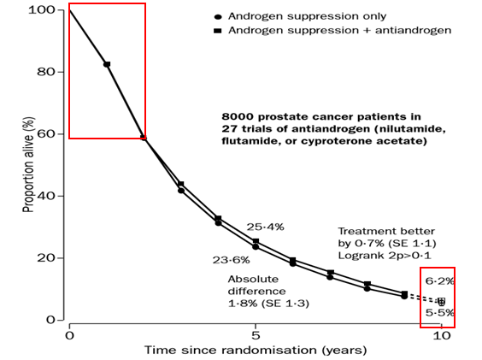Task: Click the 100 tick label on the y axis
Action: tap(41, 10)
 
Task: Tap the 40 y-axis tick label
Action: tap(46, 196)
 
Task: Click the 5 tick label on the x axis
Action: tap(256, 335)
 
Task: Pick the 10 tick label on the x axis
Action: tap(442, 335)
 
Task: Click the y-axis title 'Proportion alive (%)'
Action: tap(28, 165)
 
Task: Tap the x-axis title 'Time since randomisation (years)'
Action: tap(256, 350)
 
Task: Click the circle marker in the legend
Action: tap(218, 16)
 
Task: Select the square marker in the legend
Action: tap(218, 31)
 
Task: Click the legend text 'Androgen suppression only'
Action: tap(307, 16)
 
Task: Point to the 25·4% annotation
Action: tap(265, 227)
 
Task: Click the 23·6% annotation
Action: tap(231, 260)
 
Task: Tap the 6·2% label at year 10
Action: tap(439, 281)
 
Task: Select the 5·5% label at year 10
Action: tap(439, 313)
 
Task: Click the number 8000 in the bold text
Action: tap(238, 117)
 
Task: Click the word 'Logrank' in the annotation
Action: tap(356, 256)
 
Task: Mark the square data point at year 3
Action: tap(181, 185)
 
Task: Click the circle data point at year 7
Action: tap(330, 277)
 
